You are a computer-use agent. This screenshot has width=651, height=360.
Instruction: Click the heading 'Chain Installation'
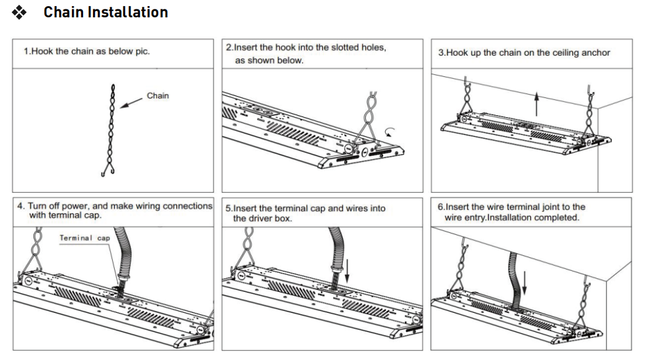pos(105,12)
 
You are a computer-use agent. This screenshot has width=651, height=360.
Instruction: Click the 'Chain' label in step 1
pos(157,96)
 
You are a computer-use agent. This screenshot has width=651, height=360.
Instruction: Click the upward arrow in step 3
pos(537,102)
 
